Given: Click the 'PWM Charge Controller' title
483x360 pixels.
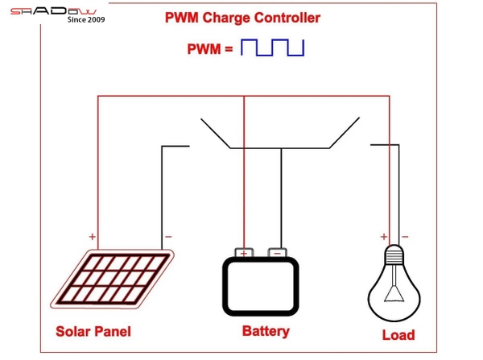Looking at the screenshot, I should (242, 18).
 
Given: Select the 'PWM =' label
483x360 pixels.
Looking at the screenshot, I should (210, 48).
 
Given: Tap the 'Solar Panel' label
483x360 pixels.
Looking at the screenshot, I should (93, 331).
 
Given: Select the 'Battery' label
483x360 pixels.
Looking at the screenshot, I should (265, 331).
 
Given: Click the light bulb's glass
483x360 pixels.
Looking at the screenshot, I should (394, 292).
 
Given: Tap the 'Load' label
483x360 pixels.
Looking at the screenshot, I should (398, 334).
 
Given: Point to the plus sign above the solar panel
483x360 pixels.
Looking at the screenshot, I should (93, 237).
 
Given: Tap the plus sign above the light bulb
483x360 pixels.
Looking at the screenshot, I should (383, 237).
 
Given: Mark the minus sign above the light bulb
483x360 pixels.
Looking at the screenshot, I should (404, 237).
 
